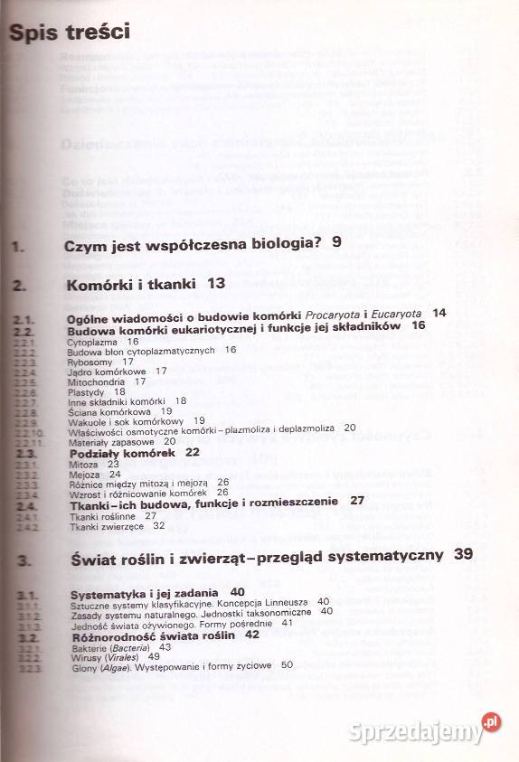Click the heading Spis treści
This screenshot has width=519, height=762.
[x=69, y=32]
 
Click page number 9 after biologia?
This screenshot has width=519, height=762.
[x=336, y=242]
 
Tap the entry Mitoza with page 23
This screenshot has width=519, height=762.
[x=83, y=463]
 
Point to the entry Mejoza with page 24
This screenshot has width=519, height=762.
[x=85, y=473]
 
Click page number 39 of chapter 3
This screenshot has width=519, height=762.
[x=464, y=554]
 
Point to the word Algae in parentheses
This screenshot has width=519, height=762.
[x=118, y=665]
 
